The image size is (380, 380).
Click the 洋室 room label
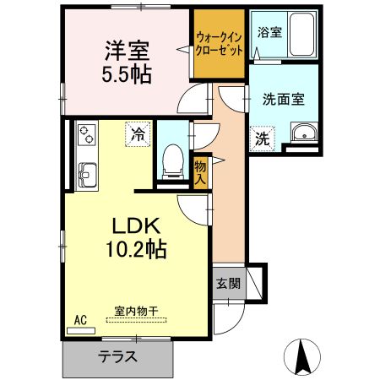(128, 51)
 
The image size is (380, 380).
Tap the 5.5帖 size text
(128, 73)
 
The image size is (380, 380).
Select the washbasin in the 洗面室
(301, 133)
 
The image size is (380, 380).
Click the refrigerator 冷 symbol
(137, 133)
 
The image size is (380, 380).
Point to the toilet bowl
(174, 158)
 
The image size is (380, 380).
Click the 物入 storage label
(201, 173)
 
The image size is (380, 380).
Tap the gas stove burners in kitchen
(87, 133)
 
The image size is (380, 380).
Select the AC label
(82, 320)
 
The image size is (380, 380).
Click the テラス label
(118, 356)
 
